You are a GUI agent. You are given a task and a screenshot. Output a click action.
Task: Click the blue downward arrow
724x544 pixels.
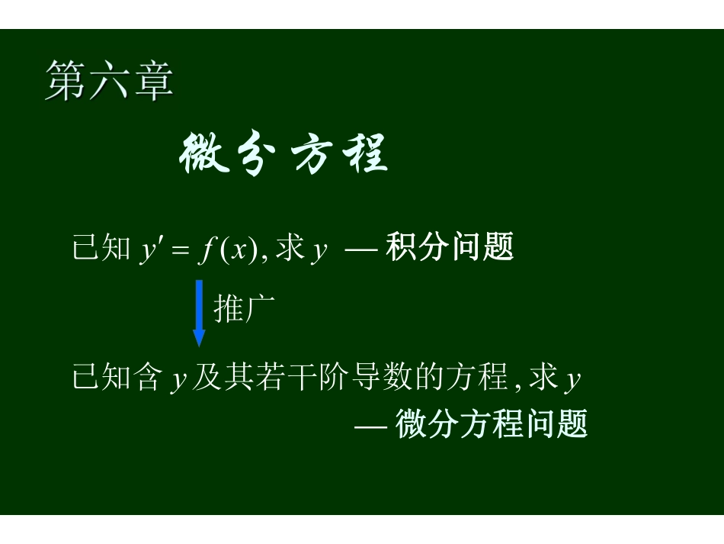pos(199,312)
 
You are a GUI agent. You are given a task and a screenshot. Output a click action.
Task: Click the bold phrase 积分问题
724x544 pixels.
pos(450,248)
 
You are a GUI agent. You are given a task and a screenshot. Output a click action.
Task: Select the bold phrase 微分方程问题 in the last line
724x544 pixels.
pos(492,424)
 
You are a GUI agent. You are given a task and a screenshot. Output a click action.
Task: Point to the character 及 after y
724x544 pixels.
pos(206,378)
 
